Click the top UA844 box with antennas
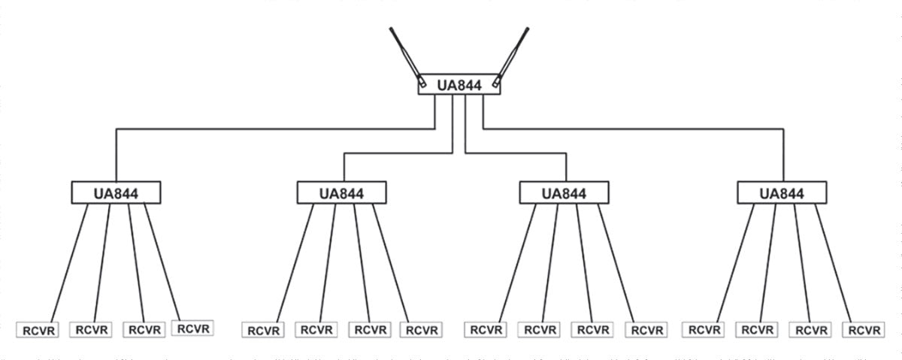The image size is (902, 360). click(x=459, y=84)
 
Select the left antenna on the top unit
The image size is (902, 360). click(x=405, y=53)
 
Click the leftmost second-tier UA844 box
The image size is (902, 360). click(x=117, y=192)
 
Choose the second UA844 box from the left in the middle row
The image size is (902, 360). click(x=341, y=193)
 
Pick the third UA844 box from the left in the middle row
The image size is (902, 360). click(x=565, y=193)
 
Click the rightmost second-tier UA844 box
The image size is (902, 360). click(x=782, y=193)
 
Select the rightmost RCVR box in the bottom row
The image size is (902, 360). click(x=862, y=330)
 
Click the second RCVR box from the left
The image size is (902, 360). click(x=90, y=329)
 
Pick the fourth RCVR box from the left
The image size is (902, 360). click(x=192, y=328)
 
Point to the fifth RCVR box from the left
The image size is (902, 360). click(x=262, y=330)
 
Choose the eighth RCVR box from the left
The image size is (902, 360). click(x=421, y=330)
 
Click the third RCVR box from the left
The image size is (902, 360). click(x=144, y=329)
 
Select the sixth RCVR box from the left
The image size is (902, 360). click(x=316, y=330)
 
